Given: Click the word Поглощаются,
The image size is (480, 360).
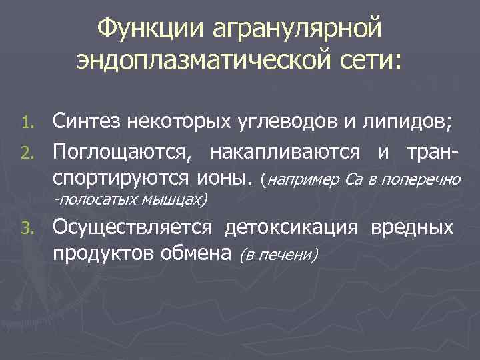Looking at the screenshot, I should coord(126,152).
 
